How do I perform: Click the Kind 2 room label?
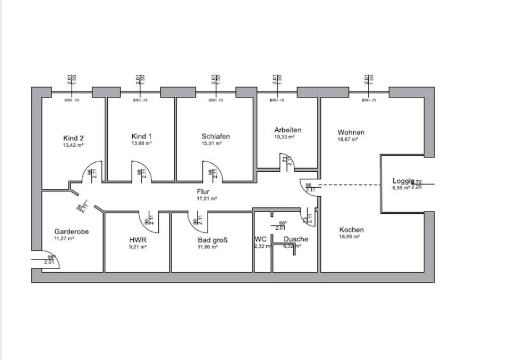[74, 137]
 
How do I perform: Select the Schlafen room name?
[216, 136]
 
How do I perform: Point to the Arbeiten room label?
[288, 130]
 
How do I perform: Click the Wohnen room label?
[351, 132]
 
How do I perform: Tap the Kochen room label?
[352, 230]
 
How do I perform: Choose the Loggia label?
[403, 180]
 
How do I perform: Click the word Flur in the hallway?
[202, 191]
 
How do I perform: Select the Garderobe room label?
[71, 232]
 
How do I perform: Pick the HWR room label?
[138, 240]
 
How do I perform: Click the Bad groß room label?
[212, 240]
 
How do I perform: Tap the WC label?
[261, 239]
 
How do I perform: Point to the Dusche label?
[295, 239]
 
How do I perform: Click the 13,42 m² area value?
[74, 145]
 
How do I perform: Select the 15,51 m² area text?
[212, 144]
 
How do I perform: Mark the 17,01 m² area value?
[206, 198]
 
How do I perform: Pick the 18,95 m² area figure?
[350, 237]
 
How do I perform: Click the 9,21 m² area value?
[137, 247]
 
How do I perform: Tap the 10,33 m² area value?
[285, 137]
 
